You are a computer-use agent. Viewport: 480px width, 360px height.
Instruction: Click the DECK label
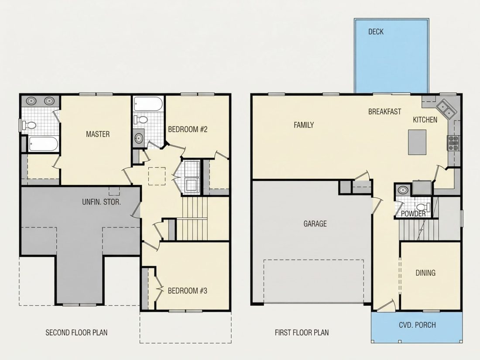click(x=376, y=31)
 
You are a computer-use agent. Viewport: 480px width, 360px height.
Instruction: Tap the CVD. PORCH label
click(x=417, y=325)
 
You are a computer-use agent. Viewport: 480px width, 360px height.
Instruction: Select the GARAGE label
click(x=315, y=224)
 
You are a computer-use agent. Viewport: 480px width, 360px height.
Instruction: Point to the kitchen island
click(x=417, y=142)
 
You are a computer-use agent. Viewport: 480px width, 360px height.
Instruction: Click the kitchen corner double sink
click(x=445, y=108)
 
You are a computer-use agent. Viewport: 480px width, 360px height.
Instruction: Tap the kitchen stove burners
click(x=453, y=143)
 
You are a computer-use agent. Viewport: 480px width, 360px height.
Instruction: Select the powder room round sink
click(x=403, y=190)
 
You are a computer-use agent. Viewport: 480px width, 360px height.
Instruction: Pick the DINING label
click(x=425, y=273)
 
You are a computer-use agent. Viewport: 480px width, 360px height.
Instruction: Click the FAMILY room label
click(x=304, y=125)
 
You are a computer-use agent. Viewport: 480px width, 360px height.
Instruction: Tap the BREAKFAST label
click(x=384, y=112)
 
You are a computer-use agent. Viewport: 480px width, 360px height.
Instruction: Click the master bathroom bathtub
click(x=43, y=144)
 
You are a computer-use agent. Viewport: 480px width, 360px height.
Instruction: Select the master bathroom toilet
click(x=29, y=125)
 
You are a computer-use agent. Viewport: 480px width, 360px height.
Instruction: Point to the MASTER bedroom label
click(x=98, y=134)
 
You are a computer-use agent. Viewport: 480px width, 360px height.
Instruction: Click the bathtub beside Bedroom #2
click(x=148, y=104)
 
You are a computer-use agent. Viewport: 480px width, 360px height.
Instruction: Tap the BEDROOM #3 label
click(x=187, y=291)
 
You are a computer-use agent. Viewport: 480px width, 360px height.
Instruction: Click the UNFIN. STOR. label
click(x=101, y=202)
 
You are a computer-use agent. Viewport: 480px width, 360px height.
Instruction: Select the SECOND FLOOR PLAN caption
click(x=76, y=333)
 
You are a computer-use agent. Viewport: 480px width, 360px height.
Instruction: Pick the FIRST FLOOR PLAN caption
click(x=302, y=333)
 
